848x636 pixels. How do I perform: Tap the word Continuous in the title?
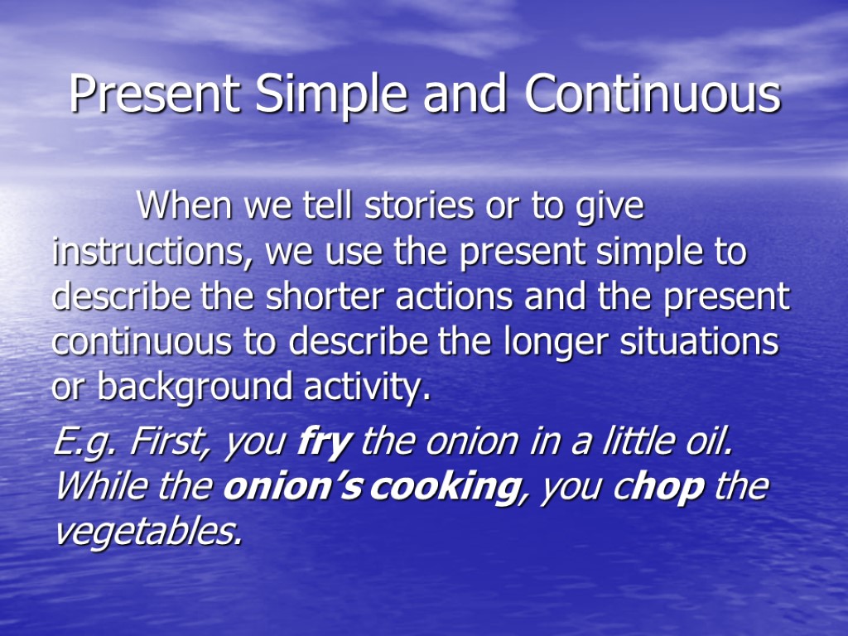click(x=653, y=94)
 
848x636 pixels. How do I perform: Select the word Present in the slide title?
click(x=156, y=94)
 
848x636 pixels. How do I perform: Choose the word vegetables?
click(x=149, y=532)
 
